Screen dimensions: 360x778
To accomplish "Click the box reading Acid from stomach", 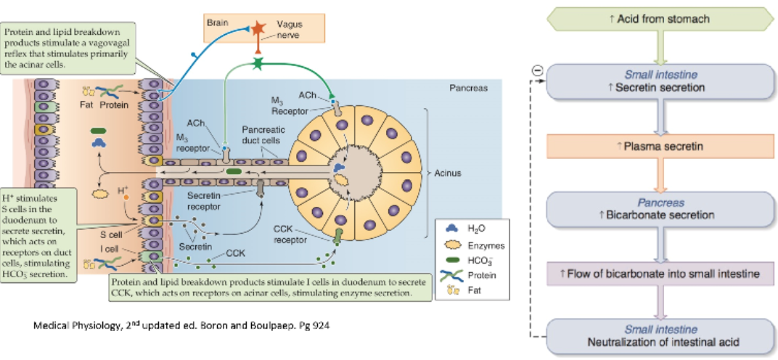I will coord(659,18).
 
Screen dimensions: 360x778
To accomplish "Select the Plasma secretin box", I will coord(659,147).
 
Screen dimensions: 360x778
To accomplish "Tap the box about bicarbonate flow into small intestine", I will coord(659,274).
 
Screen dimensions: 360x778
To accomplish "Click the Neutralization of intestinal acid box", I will coord(659,335).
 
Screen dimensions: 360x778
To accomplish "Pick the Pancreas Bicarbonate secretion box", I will coord(659,209).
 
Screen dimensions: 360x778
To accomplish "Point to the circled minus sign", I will coord(537,70).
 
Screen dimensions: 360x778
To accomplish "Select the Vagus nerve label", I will coord(290,30).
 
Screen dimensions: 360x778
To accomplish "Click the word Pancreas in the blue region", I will coord(469,88).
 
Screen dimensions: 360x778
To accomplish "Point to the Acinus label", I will coord(448,173).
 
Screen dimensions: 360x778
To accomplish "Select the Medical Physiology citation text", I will coord(181,324).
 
